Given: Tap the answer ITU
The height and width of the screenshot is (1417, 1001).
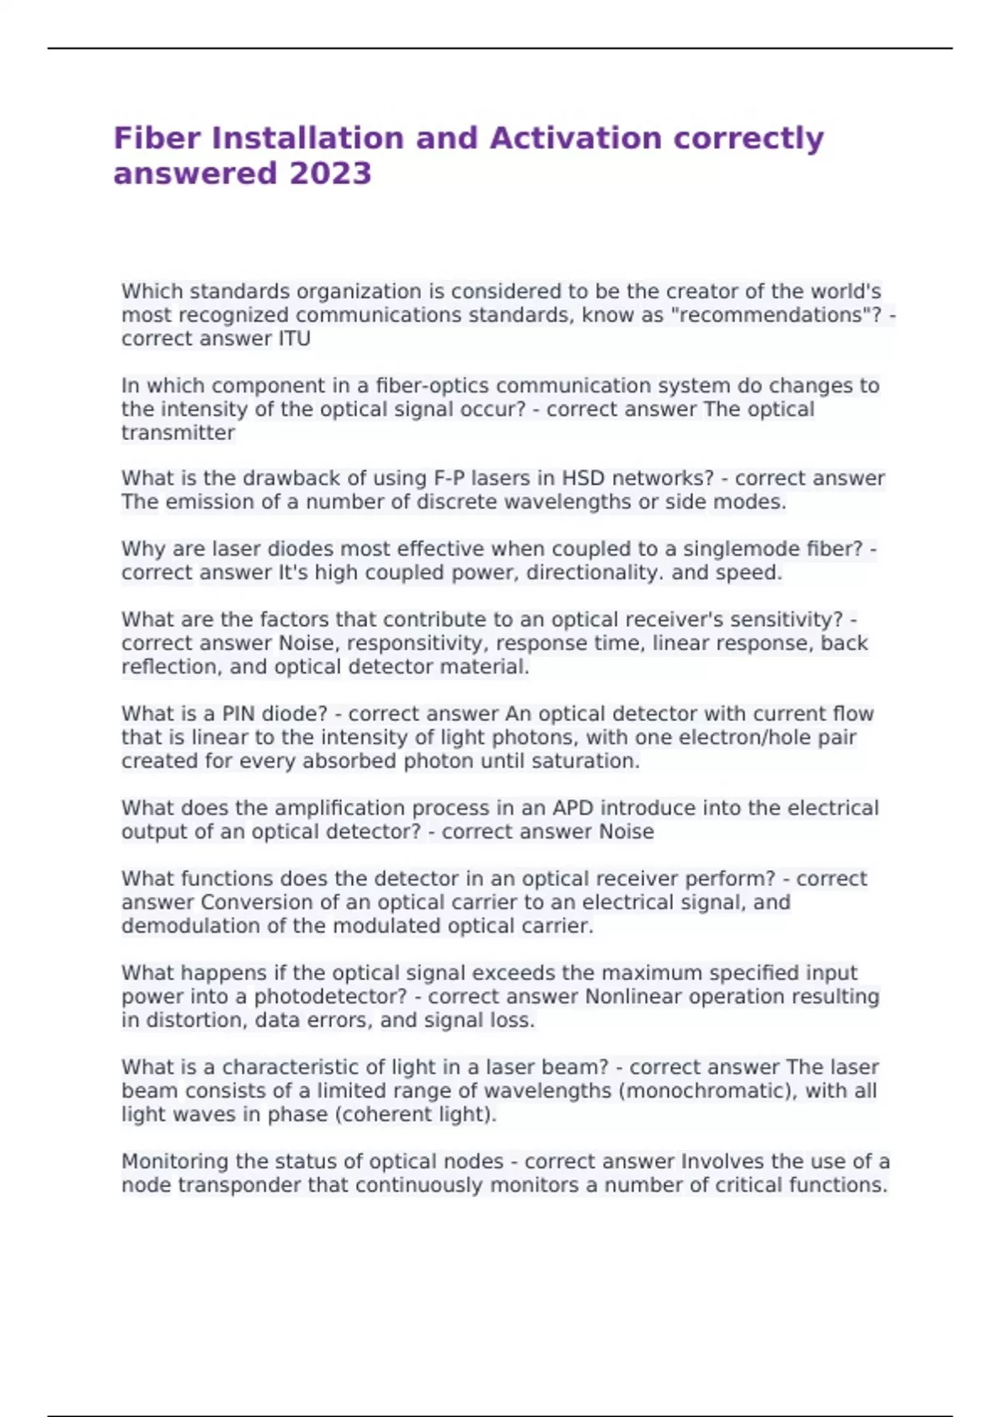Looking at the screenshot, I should pos(294,338).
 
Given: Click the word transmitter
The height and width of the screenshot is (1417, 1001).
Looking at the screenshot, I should pos(178,433).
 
